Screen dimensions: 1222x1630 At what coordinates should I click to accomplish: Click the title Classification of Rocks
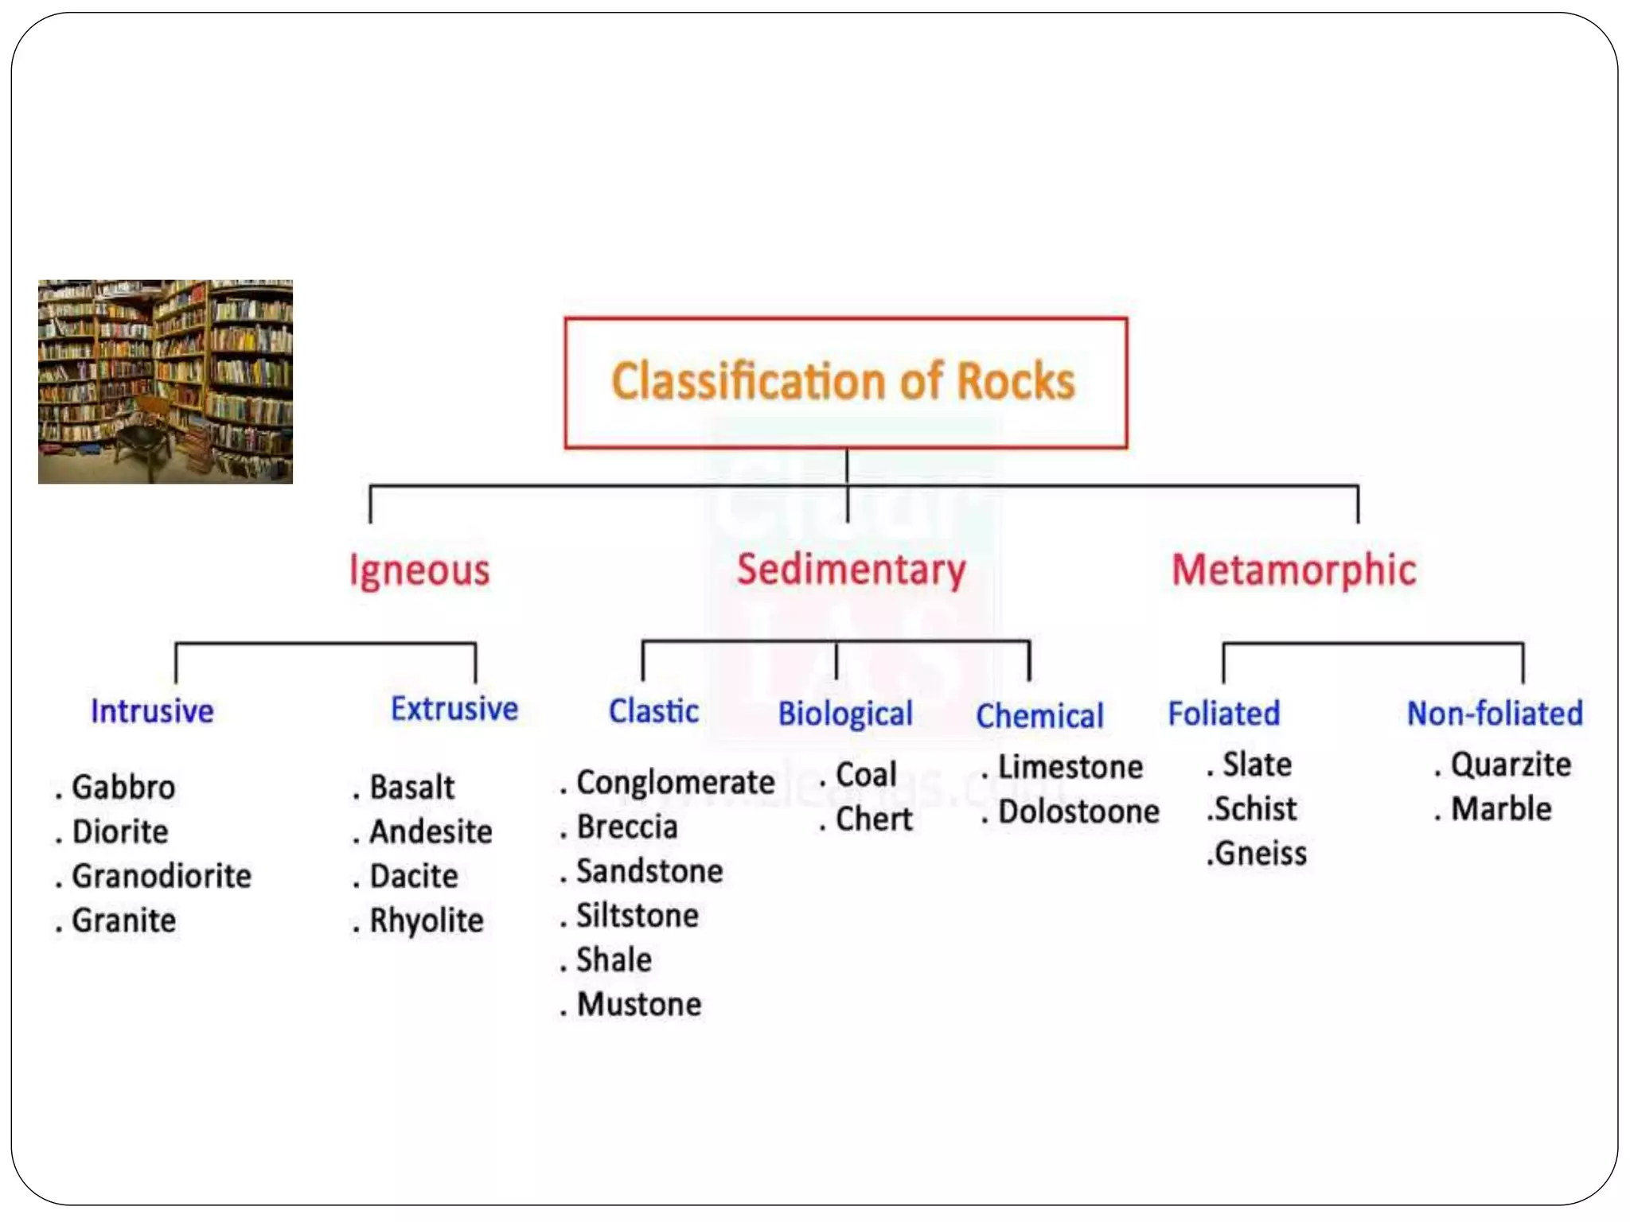844,381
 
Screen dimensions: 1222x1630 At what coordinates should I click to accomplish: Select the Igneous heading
419,570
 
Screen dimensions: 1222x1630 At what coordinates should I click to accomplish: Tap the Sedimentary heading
851,570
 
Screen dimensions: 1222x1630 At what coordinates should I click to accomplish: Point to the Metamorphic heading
1294,570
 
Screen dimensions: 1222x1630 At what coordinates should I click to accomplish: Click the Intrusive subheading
152,710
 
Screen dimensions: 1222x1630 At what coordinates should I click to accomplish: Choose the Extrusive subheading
454,708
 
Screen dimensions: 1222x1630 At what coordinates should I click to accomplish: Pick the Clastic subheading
653,710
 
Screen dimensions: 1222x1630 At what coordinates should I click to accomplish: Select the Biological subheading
845,714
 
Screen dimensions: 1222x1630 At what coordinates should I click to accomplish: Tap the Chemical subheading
1039,716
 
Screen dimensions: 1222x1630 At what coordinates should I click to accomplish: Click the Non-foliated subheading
1495,713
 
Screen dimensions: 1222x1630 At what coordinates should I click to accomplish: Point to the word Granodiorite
162,876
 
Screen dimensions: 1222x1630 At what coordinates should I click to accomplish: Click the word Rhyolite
427,920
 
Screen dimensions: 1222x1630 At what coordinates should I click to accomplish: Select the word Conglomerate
675,782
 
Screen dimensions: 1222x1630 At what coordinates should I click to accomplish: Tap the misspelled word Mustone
639,1004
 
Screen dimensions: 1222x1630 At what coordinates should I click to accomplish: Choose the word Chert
874,819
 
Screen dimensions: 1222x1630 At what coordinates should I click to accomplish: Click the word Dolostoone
1078,811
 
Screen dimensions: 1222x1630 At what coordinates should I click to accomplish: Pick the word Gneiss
1261,853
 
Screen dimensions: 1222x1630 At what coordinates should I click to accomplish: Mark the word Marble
1501,808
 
